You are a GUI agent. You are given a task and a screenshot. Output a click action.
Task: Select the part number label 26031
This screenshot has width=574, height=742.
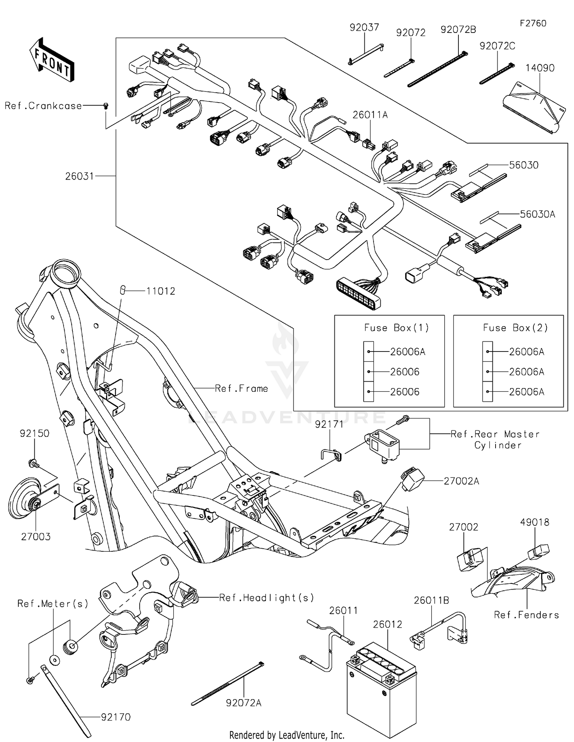(79, 176)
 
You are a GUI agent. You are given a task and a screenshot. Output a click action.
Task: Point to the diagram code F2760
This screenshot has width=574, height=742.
(533, 23)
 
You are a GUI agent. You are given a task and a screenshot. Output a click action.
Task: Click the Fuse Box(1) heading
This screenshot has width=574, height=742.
(396, 328)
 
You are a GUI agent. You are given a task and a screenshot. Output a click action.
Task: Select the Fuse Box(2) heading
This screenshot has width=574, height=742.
(515, 328)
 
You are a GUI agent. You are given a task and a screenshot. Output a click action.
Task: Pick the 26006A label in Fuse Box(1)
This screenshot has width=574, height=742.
(408, 351)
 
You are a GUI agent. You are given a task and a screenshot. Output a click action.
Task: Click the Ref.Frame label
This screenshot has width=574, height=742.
(241, 389)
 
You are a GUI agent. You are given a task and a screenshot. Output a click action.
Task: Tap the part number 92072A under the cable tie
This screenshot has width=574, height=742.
(243, 703)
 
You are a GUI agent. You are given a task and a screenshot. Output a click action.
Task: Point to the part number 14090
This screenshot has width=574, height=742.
(540, 68)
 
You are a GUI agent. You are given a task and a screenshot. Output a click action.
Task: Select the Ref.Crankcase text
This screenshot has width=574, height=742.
(43, 106)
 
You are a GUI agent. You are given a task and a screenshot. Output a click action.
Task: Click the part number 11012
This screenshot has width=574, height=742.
(161, 291)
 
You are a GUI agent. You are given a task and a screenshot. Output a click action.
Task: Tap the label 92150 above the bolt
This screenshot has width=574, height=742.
(34, 433)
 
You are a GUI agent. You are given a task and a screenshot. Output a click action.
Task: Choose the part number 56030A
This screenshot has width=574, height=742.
(537, 214)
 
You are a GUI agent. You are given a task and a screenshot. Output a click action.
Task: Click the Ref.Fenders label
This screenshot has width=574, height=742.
(526, 615)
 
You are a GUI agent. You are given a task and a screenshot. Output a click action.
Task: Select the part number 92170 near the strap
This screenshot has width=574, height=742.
(116, 717)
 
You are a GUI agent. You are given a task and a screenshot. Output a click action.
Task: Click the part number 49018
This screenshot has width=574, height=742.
(534, 522)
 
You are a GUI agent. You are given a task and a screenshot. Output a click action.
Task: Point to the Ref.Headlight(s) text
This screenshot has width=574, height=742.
(266, 598)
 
